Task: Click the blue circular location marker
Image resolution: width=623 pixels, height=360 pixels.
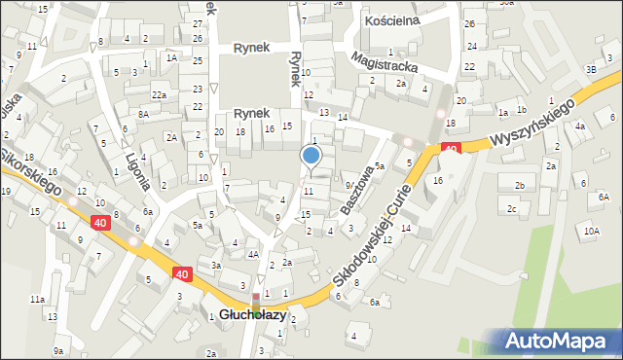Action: tap(311, 155)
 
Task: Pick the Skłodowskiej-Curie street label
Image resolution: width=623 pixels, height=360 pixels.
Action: tap(382, 234)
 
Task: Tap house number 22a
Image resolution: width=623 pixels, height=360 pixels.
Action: tap(158, 94)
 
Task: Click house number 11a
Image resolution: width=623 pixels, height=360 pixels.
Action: tap(36, 300)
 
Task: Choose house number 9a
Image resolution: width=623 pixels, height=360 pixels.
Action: tap(58, 351)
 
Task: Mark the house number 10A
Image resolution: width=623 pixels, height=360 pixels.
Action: tap(592, 231)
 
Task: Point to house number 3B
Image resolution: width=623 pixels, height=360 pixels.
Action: tap(590, 70)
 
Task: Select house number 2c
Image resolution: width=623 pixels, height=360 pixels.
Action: tap(511, 208)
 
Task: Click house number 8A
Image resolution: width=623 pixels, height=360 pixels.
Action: tap(143, 114)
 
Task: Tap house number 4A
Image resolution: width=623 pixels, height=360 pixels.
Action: tap(253, 255)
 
